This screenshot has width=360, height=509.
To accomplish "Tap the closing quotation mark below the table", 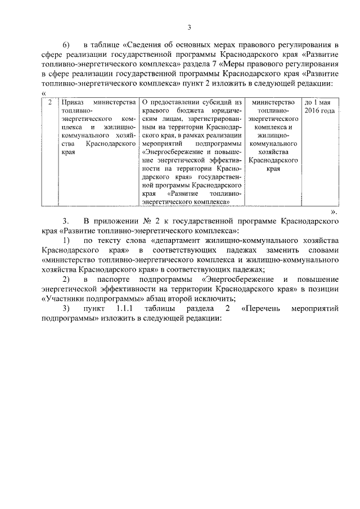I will pos(333,212).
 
